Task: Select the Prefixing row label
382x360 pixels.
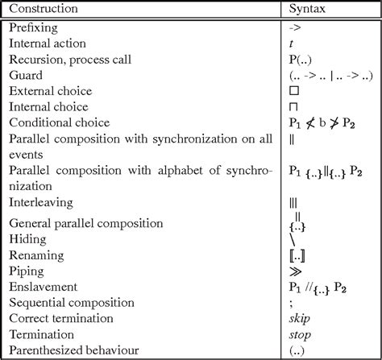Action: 33,27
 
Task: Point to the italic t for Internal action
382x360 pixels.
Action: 291,43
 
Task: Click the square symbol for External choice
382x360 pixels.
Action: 294,90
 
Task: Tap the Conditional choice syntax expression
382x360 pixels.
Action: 320,122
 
